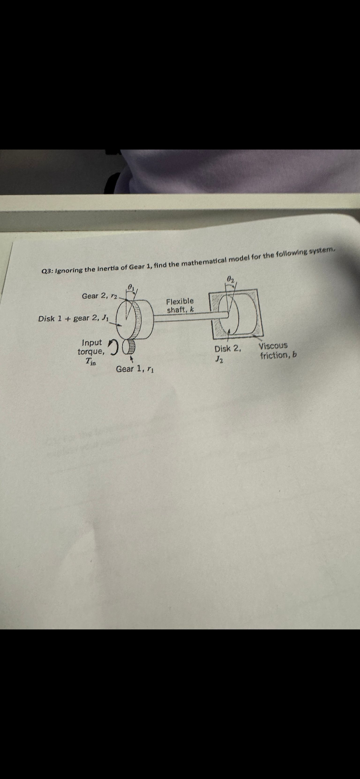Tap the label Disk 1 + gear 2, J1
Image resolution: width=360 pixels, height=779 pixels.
pyautogui.click(x=73, y=318)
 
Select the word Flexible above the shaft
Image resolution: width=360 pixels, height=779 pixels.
pyautogui.click(x=180, y=301)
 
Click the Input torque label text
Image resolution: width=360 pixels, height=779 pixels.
pyautogui.click(x=91, y=347)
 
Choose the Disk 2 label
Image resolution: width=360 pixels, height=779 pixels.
pyautogui.click(x=227, y=349)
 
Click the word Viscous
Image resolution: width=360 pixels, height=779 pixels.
pyautogui.click(x=273, y=346)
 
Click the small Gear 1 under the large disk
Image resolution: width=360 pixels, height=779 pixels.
pyautogui.click(x=130, y=347)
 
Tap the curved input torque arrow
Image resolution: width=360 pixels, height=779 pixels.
pyautogui.click(x=114, y=346)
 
